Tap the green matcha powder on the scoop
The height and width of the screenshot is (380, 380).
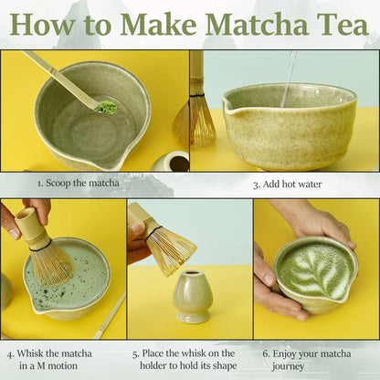[x=107, y=108]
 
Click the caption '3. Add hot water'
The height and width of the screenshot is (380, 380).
[x=287, y=184]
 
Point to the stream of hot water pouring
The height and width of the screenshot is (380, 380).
[x=290, y=73]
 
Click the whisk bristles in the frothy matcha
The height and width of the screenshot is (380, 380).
[x=53, y=263]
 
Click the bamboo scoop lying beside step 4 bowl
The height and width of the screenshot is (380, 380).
[x=110, y=315]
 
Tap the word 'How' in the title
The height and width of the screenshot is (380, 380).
[x=42, y=24]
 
